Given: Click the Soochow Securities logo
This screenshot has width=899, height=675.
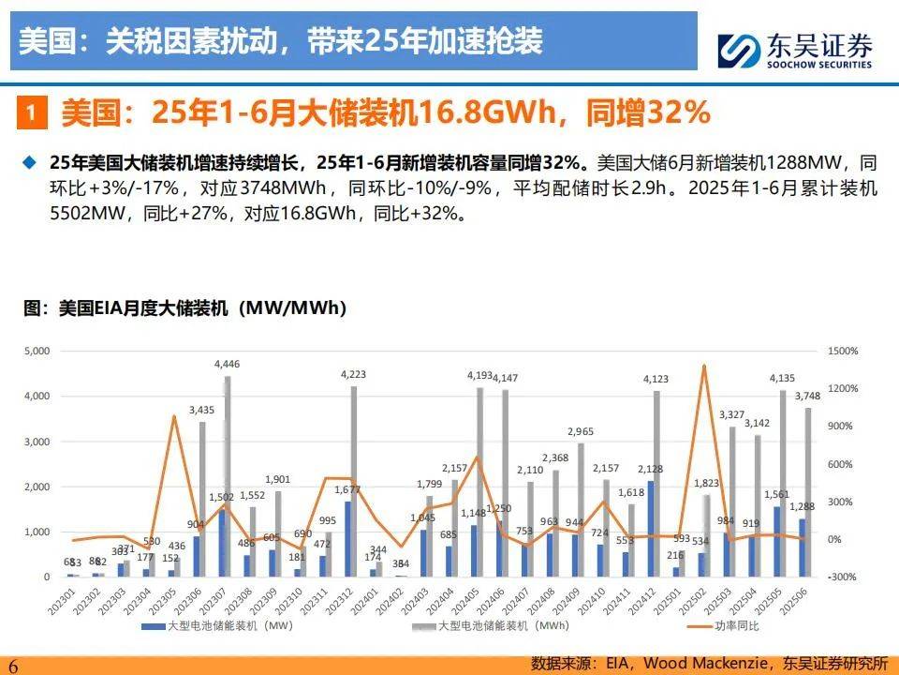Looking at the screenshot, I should tap(795, 49).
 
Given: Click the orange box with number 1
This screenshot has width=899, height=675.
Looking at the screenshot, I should tap(31, 114).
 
